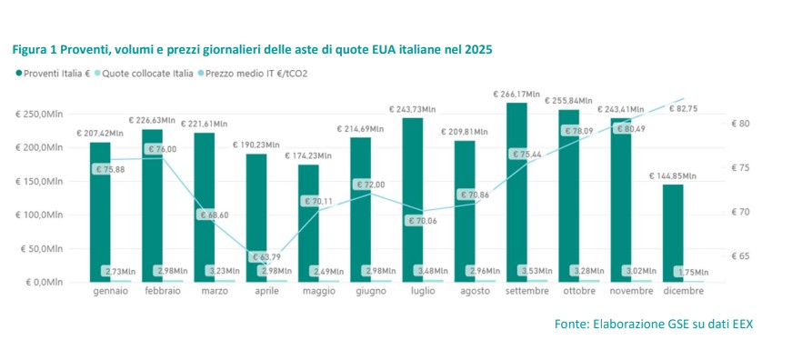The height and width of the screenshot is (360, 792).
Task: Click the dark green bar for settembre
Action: (x=516, y=191)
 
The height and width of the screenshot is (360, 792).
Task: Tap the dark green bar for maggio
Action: (x=308, y=218)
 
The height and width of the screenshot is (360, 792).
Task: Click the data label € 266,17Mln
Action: (x=517, y=94)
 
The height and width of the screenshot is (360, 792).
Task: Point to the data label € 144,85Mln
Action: (x=674, y=176)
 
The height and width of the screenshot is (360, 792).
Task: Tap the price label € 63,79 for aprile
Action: (x=267, y=259)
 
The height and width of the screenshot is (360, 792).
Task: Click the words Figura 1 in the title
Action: (x=34, y=50)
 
